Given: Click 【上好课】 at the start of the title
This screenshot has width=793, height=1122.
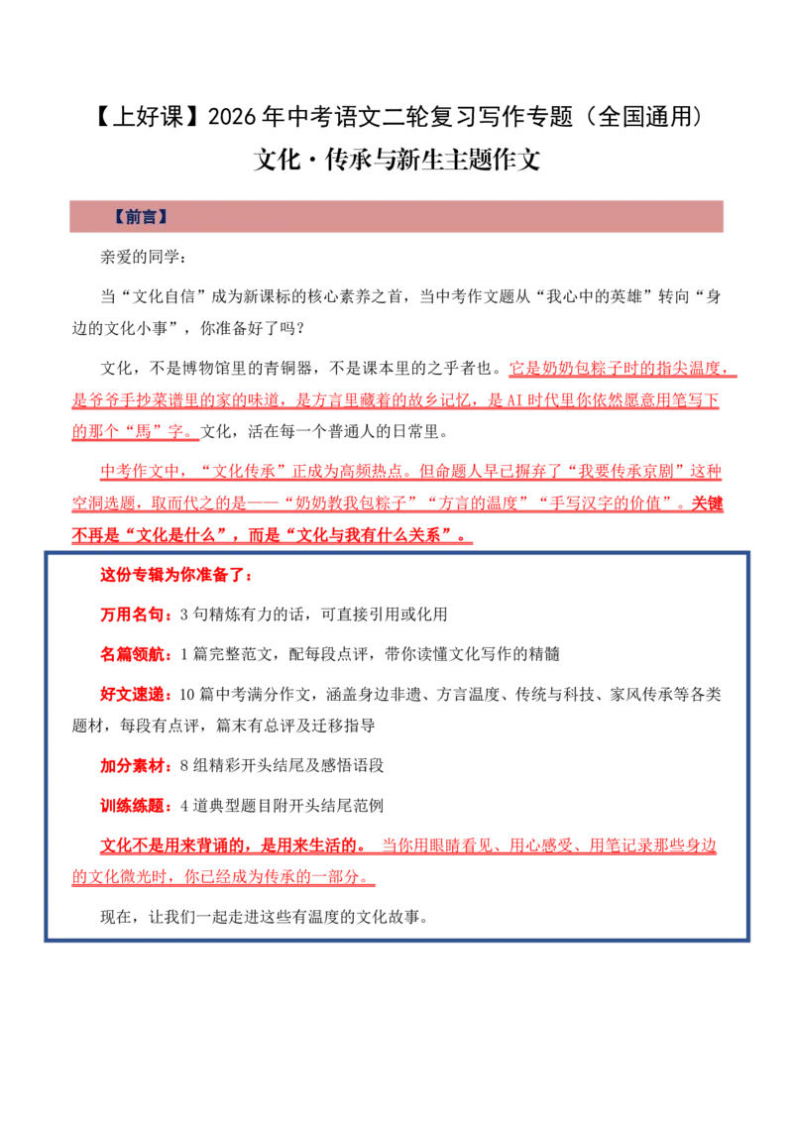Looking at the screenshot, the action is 148,116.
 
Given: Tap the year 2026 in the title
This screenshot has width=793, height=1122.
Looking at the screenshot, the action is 232,116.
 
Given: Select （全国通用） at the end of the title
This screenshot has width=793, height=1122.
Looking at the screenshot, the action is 643,116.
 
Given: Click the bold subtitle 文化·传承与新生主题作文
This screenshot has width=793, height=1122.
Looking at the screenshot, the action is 396,159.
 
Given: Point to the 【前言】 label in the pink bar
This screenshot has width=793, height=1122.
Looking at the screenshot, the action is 141,216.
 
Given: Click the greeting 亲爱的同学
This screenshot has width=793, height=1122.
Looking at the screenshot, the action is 140,256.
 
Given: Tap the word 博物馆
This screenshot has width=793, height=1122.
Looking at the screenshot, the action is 205,368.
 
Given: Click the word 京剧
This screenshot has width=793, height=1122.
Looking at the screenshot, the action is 658,471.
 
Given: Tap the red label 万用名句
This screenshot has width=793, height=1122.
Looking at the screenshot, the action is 132,614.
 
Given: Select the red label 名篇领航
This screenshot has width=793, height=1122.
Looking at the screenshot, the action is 132,653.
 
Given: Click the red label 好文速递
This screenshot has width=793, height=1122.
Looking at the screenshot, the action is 132,694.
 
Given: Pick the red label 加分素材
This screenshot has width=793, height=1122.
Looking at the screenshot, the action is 132,765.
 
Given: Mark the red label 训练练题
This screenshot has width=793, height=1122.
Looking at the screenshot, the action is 132,805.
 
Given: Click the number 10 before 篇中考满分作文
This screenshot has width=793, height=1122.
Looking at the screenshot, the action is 186,694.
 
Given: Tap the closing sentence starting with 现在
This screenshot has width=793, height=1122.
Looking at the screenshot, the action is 264,916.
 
